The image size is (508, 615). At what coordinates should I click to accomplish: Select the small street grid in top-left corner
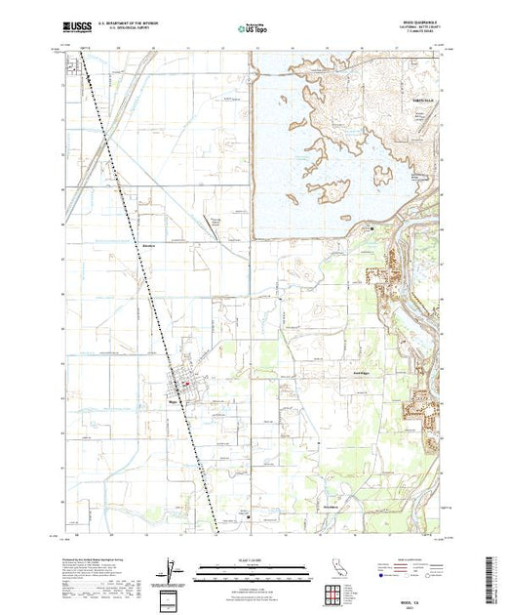pyautogui.click(x=72, y=67)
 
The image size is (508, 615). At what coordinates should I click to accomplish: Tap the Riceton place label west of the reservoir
pyautogui.click(x=148, y=244)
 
